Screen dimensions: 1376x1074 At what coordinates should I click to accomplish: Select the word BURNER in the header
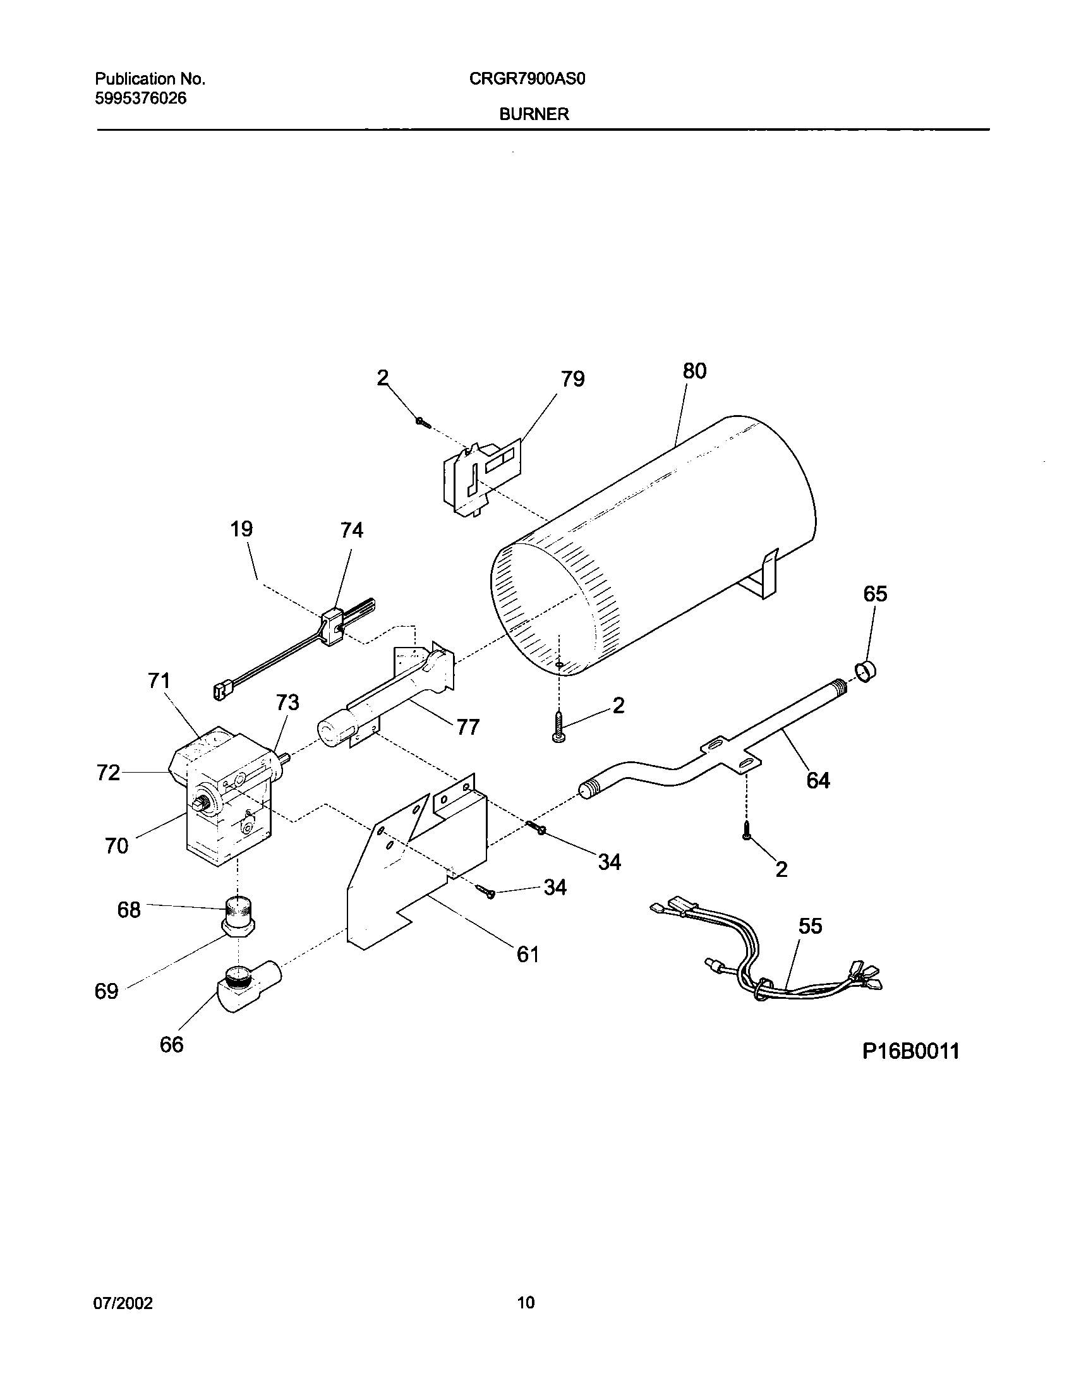534,114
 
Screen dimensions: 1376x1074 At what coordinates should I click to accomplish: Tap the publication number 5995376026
141,99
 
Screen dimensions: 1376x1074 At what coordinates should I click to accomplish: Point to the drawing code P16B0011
910,1052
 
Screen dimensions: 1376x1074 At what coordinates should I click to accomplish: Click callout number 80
694,371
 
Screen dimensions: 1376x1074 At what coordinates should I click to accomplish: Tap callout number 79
572,379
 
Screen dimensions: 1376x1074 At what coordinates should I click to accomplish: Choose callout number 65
875,594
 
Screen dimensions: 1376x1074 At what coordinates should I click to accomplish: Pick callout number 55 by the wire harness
811,926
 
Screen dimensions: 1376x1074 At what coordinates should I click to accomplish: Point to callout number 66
171,1044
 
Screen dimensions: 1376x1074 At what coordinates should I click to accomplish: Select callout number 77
468,727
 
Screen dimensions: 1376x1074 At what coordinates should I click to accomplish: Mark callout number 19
241,529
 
